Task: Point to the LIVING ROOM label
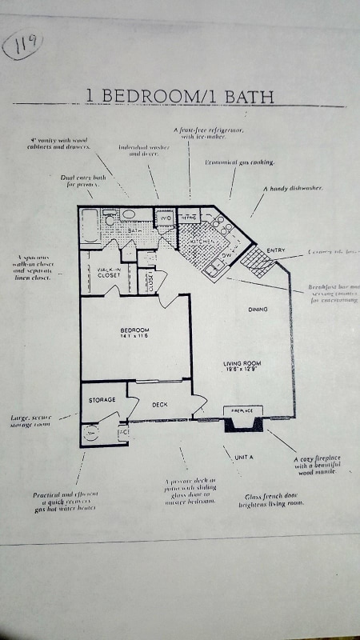tap(242, 365)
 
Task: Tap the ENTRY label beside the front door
tap(275, 250)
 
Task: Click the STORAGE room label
tap(102, 399)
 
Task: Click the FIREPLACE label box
tap(242, 410)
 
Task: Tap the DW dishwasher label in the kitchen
tap(226, 255)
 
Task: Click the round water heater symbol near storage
tap(92, 432)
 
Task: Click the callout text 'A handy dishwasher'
tap(293, 188)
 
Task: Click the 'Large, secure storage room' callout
tap(31, 422)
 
